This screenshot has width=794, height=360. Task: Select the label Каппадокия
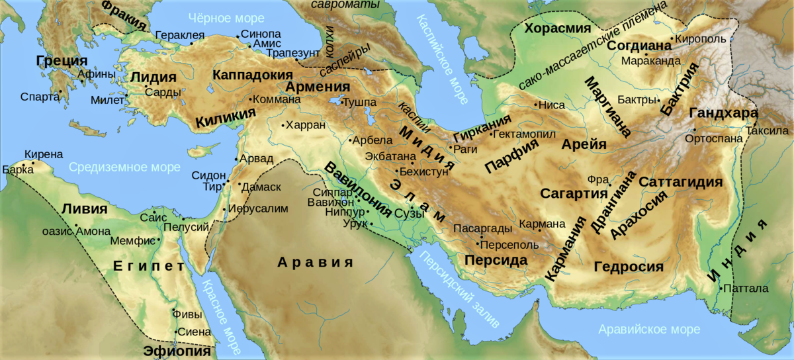tap(253, 75)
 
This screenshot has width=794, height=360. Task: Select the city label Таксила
tap(767, 130)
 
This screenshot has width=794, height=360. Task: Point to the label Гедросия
tap(628, 267)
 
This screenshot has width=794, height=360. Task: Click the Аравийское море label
tap(648, 330)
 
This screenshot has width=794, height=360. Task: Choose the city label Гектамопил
tap(522, 134)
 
